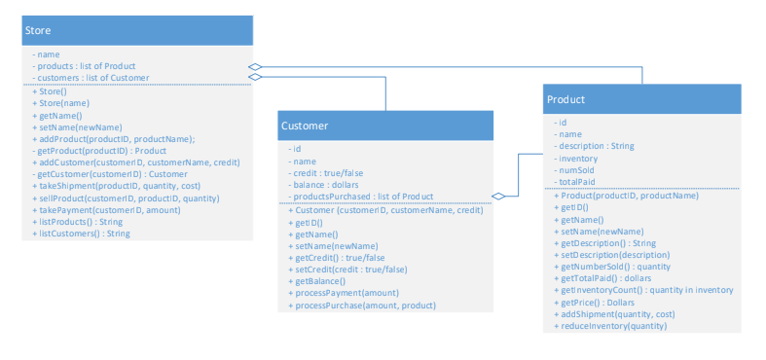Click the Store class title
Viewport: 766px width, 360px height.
click(x=38, y=31)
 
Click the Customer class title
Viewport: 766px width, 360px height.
click(x=305, y=126)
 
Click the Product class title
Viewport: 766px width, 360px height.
click(x=565, y=99)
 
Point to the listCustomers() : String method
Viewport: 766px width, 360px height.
click(x=84, y=234)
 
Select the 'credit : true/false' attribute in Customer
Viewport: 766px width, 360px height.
click(x=328, y=172)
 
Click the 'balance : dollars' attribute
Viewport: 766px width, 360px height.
click(x=326, y=184)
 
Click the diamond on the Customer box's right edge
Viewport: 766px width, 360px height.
click(x=500, y=197)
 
